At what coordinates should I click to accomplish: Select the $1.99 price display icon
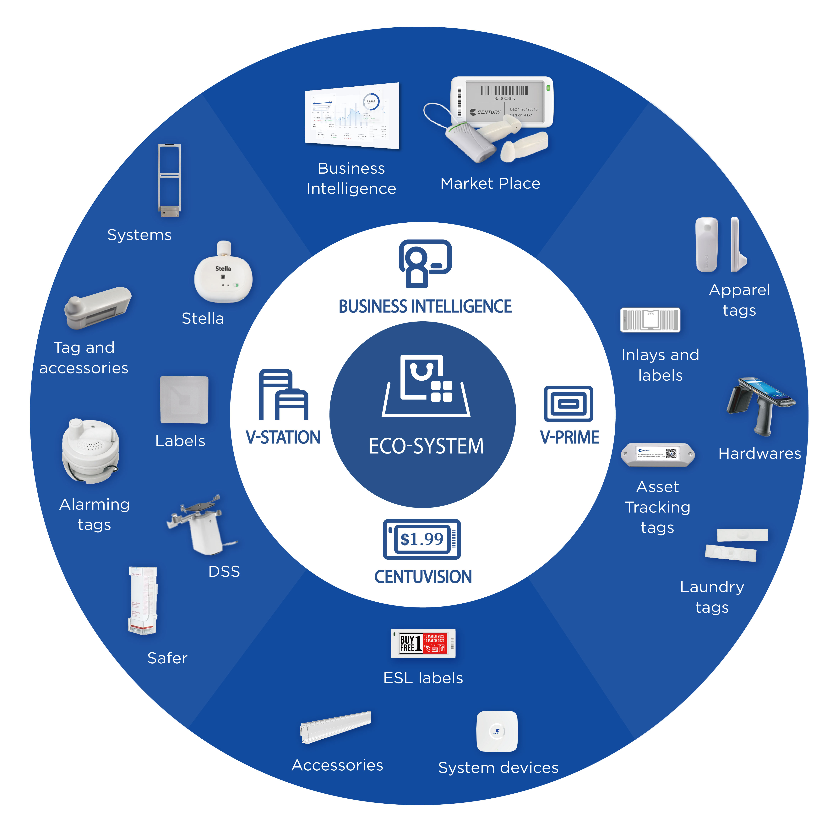[422, 539]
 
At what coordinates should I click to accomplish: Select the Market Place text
[490, 183]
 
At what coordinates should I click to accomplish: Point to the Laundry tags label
[712, 597]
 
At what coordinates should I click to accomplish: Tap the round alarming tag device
[90, 451]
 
